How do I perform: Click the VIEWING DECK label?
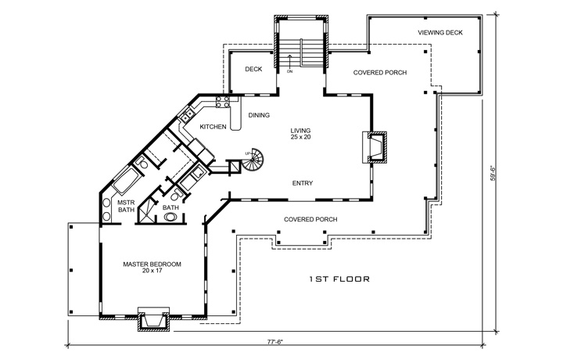tap(439, 32)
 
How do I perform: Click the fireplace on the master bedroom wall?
tap(153, 321)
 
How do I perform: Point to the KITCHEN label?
tap(213, 127)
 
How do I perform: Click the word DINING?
tap(259, 116)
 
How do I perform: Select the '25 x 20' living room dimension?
tap(301, 138)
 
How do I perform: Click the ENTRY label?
tap(303, 183)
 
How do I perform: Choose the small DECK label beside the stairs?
tap(253, 70)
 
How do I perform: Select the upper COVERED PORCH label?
tap(379, 73)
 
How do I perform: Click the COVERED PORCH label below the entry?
tap(310, 219)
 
